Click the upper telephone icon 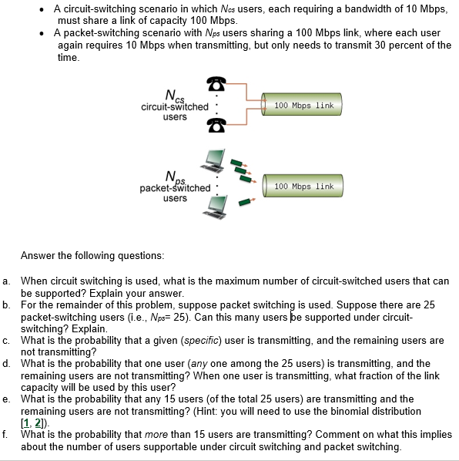[216, 84]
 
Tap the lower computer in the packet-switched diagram [214, 204]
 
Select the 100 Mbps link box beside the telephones [303, 106]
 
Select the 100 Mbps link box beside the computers [303, 186]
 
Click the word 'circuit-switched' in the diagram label [175, 106]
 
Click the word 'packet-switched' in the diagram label [175, 188]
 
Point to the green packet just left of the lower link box [246, 201]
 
